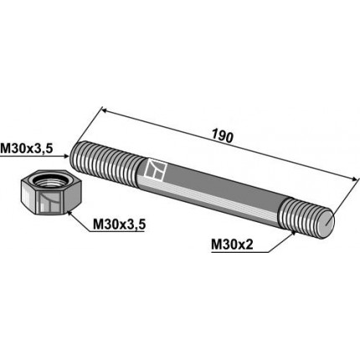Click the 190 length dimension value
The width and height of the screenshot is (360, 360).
(x=222, y=136)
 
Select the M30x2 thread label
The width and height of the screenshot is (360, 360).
(x=232, y=245)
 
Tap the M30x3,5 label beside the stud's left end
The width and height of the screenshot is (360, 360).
(x=27, y=149)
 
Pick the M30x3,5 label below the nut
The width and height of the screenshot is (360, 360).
(x=119, y=224)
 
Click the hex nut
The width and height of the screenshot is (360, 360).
(x=51, y=193)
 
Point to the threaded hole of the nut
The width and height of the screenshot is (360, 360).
(x=51, y=182)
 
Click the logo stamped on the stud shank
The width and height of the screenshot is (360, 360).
(x=156, y=169)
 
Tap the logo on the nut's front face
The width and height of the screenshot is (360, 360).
(x=49, y=202)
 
